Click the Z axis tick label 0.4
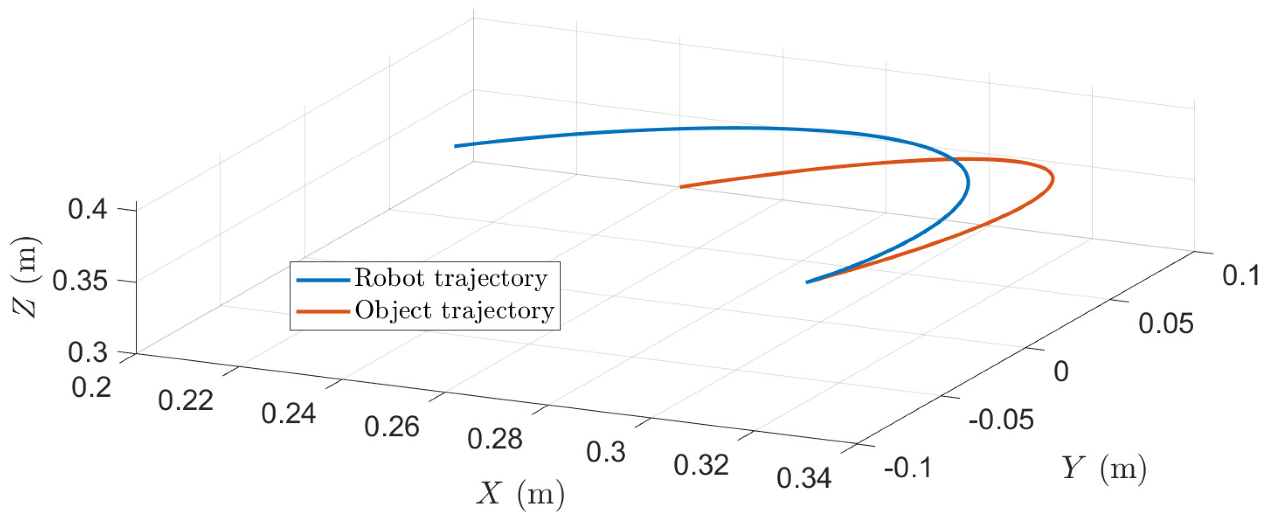pyautogui.click(x=88, y=209)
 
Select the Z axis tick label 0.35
pyautogui.click(x=80, y=282)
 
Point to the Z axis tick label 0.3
pyautogui.click(x=88, y=353)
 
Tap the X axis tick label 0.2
pyautogui.click(x=91, y=387)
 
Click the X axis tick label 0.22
pyautogui.click(x=186, y=400)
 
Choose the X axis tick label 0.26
pyautogui.click(x=392, y=426)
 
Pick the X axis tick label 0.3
pyautogui.click(x=606, y=452)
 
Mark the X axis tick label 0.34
pyautogui.click(x=804, y=478)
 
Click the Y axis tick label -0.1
pyautogui.click(x=908, y=468)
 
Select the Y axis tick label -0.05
pyautogui.click(x=1001, y=420)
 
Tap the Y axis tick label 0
pyautogui.click(x=1062, y=371)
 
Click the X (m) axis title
pyautogui.click(x=521, y=493)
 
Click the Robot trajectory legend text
pyautogui.click(x=451, y=279)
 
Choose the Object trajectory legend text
pyautogui.click(x=455, y=311)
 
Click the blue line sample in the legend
pyautogui.click(x=323, y=280)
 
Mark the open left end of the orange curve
pyautogui.click(x=681, y=187)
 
